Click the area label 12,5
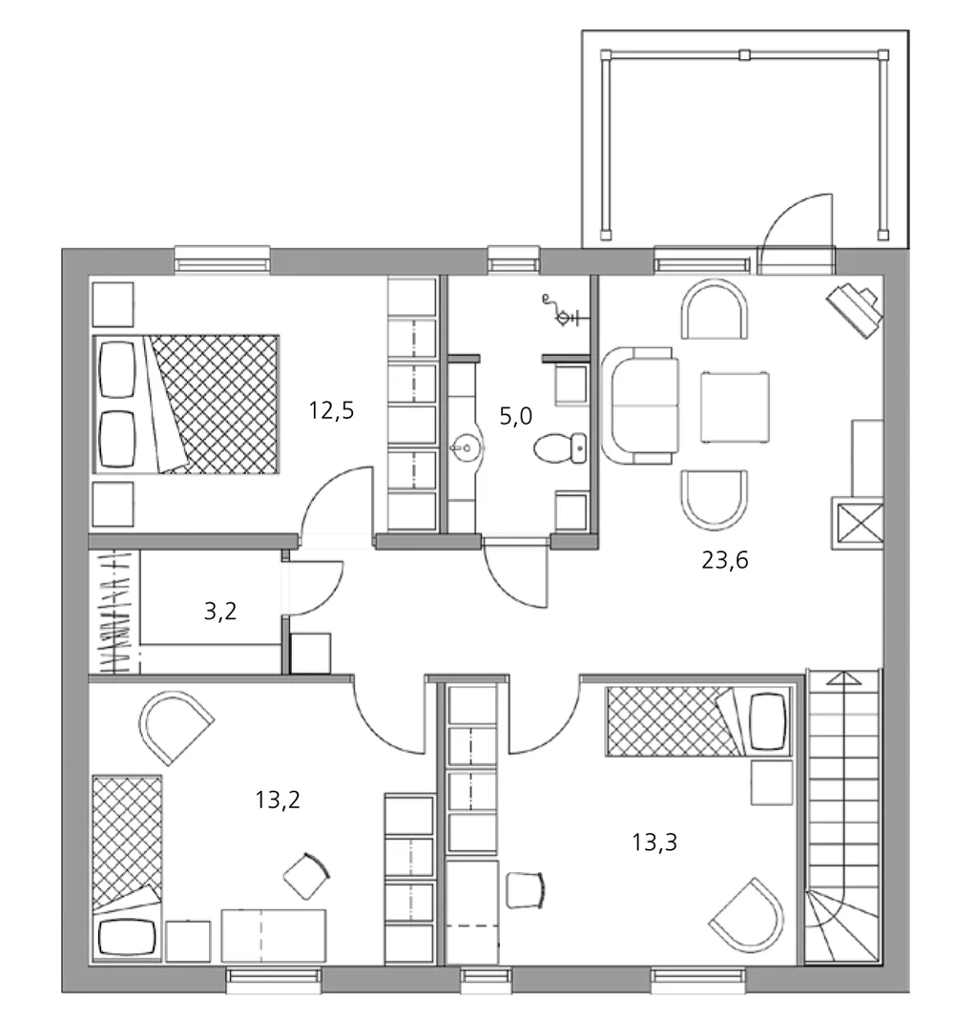click(x=332, y=411)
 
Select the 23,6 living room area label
click(x=725, y=560)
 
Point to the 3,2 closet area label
click(x=220, y=612)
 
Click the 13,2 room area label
click(x=278, y=800)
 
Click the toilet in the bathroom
click(x=560, y=447)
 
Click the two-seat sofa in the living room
click(x=639, y=406)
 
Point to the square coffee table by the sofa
click(x=736, y=407)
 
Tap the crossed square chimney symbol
click(x=857, y=521)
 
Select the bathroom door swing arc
click(x=515, y=577)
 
